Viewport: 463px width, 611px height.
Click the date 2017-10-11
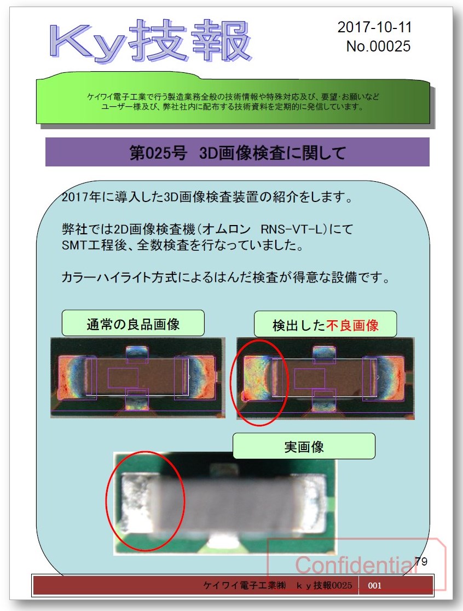[x=374, y=27]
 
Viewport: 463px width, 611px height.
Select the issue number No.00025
[x=378, y=46]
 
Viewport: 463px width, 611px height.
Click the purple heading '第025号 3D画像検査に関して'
[x=237, y=152]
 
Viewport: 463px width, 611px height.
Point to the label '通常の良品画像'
[x=133, y=324]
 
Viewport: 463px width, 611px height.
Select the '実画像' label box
[x=304, y=447]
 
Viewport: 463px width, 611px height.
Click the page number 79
[x=421, y=561]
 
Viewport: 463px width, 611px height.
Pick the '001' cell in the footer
[x=375, y=585]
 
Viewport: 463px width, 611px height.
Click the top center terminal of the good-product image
[x=137, y=355]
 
